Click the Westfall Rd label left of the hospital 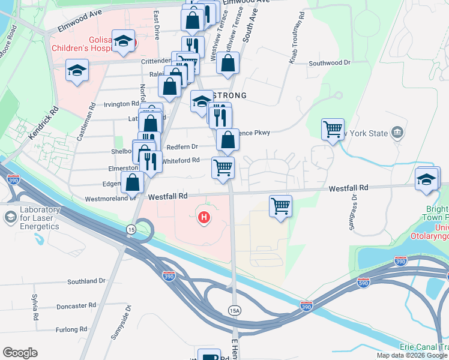(x=168, y=196)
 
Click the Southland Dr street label (x=86, y=281)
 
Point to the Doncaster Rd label (x=76, y=306)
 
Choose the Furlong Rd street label (x=71, y=329)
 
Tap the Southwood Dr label (x=329, y=62)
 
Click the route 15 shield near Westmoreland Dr (x=131, y=229)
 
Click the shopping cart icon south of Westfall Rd (x=280, y=206)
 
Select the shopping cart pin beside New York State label (x=333, y=129)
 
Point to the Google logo (x=20, y=353)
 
